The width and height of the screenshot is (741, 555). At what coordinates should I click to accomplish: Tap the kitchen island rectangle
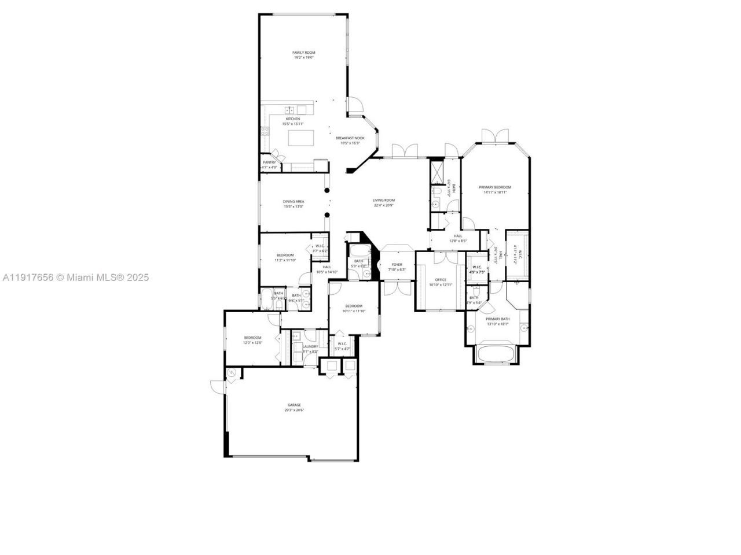tap(301, 138)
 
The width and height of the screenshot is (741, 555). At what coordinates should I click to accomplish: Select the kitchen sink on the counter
tap(290, 110)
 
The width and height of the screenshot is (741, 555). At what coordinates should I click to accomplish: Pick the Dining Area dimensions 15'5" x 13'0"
tap(294, 206)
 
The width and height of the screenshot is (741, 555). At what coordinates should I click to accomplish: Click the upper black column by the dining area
tap(327, 190)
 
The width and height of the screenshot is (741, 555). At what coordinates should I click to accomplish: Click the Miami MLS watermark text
tap(75, 277)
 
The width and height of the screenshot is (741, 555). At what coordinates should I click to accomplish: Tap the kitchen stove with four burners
tap(265, 131)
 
